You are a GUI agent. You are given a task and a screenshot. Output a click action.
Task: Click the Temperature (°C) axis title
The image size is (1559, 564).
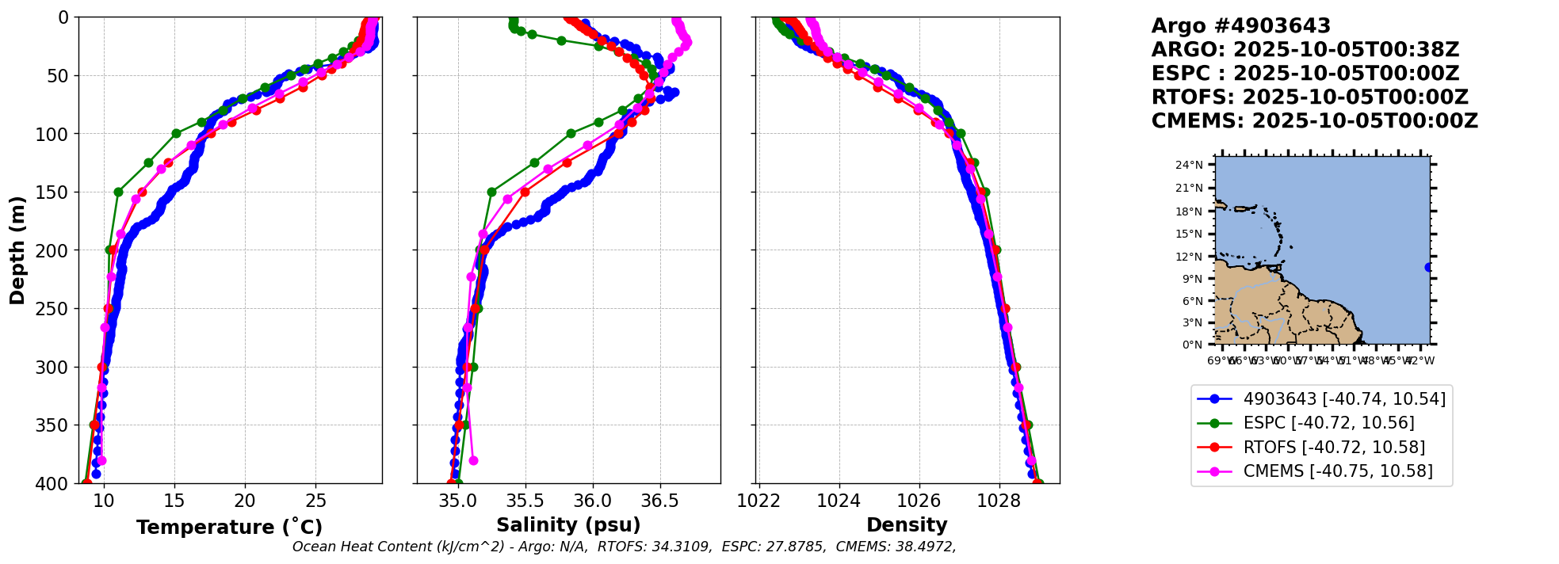(229, 527)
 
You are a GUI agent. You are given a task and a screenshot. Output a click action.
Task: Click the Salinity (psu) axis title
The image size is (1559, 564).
(568, 525)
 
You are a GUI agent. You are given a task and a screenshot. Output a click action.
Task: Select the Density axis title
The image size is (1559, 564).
(907, 525)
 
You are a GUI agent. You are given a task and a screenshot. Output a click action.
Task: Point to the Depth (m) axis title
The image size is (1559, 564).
(17, 250)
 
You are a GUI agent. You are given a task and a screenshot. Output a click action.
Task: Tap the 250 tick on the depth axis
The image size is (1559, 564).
(55, 309)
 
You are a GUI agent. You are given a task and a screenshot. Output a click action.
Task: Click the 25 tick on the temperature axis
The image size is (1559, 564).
(315, 501)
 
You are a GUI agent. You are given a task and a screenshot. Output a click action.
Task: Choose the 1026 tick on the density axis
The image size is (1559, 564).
(919, 501)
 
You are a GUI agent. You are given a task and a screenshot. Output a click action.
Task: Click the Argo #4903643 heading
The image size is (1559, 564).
(1241, 26)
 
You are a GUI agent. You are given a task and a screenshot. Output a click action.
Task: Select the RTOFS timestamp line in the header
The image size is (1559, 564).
(1309, 97)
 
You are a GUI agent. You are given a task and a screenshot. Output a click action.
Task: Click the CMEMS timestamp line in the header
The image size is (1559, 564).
(1314, 121)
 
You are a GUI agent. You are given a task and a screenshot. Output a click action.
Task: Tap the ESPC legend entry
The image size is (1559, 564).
(1328, 423)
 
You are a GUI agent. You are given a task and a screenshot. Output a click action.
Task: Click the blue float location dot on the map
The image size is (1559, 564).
(1428, 268)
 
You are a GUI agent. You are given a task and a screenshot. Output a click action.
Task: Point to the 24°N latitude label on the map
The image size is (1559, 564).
(1189, 166)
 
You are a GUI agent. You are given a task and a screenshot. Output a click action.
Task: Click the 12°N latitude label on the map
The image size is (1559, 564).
(1189, 257)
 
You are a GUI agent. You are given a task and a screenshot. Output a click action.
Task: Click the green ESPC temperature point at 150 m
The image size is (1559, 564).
(118, 192)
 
